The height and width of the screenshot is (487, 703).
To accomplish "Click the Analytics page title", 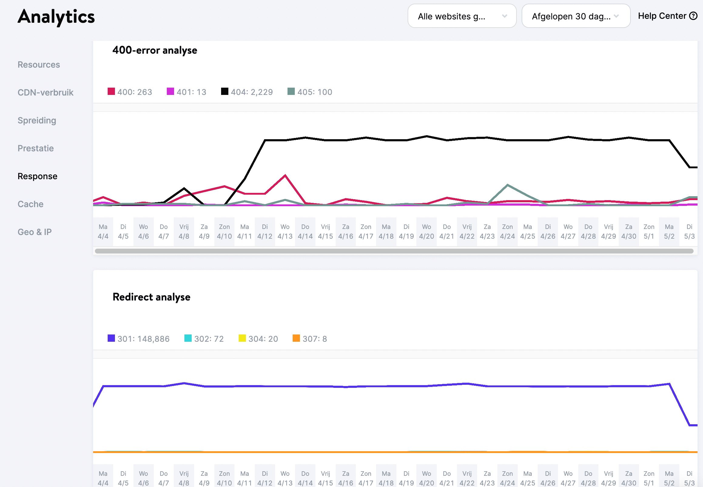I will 56,17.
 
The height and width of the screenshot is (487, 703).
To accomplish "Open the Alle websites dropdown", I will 462,16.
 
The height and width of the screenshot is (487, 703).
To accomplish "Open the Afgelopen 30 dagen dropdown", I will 575,16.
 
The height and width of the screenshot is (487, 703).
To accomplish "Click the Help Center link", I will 667,16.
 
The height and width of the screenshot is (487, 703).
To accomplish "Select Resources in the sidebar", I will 39,65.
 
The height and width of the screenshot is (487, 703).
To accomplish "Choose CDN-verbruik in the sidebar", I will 45,92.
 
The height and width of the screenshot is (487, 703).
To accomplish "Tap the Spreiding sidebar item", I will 37,120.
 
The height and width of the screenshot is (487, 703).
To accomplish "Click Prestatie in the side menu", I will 36,148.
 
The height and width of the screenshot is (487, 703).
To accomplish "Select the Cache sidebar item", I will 31,204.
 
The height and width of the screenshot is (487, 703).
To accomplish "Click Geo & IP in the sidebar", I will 35,232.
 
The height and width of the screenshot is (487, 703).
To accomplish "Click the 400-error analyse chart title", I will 155,50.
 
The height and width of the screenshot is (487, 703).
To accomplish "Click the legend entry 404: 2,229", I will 247,92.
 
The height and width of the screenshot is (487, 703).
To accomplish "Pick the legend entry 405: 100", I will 310,92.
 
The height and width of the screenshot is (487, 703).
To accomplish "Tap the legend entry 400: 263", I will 130,92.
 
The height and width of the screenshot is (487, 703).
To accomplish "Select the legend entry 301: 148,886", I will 139,339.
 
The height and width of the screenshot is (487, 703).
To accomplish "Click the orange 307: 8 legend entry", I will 310,339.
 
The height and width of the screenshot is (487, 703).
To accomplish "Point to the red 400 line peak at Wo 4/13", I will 285,176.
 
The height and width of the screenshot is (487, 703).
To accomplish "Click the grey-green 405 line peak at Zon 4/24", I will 507,185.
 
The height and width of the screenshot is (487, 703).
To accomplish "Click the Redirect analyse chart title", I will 151,297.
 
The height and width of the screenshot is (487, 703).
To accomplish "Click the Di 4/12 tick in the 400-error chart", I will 265,231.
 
